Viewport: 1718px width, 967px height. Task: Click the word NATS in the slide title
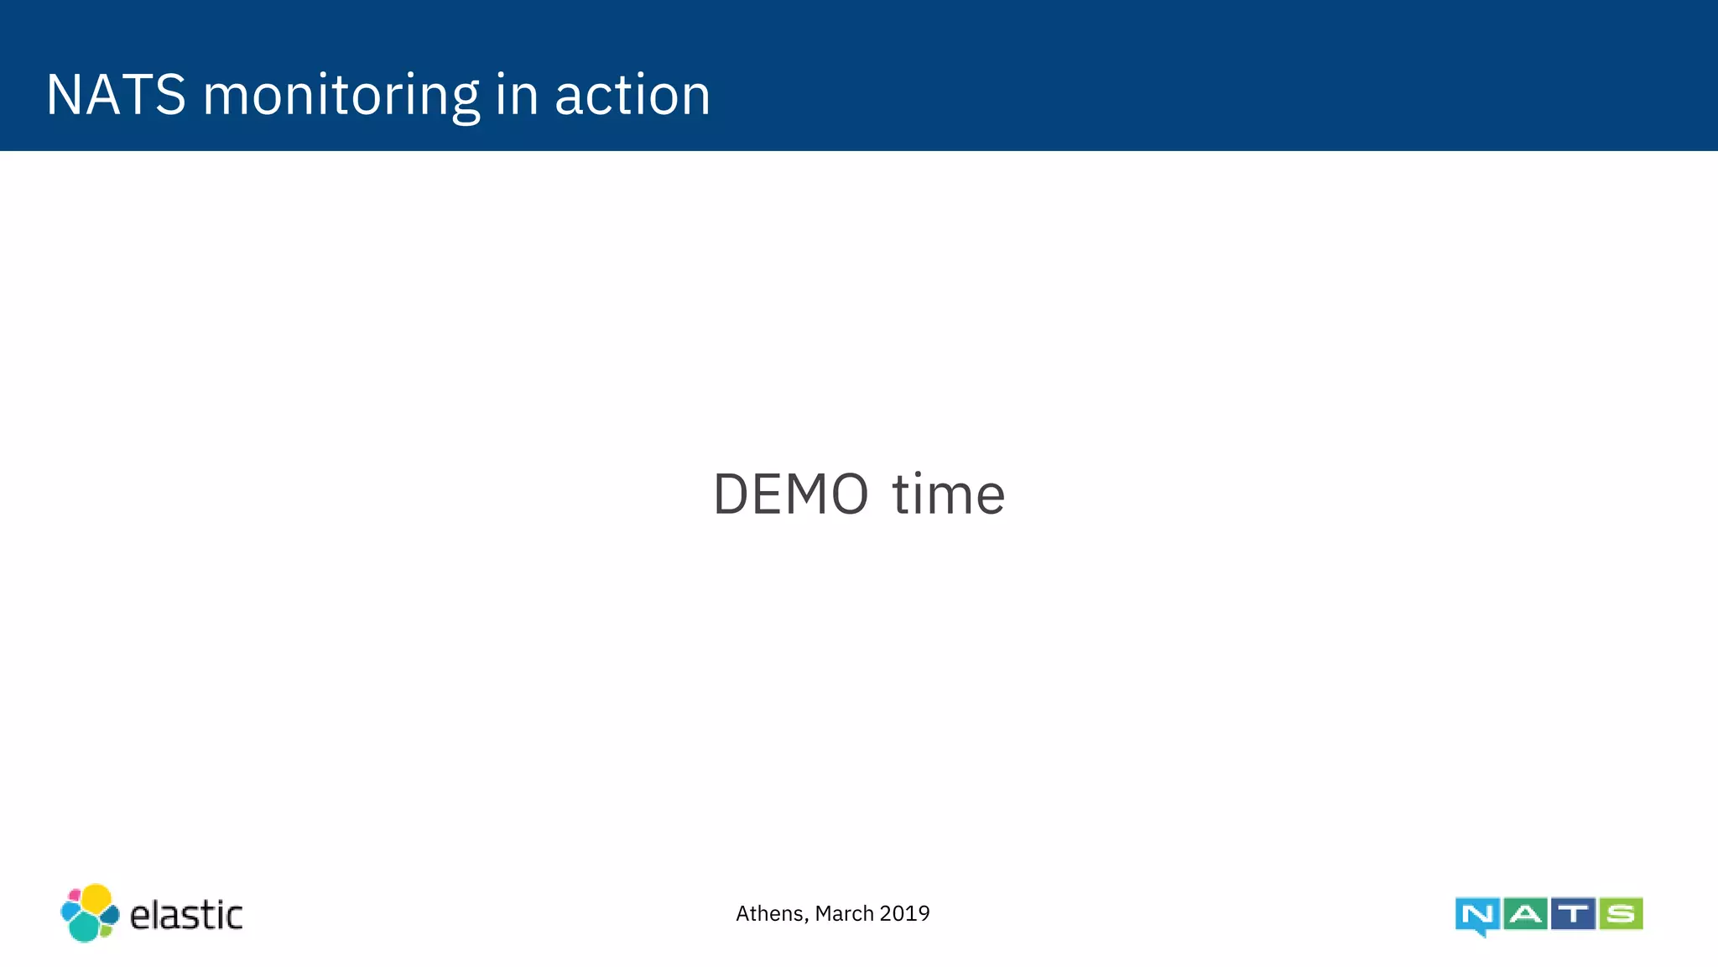coord(116,94)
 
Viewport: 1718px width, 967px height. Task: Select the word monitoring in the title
coord(341,96)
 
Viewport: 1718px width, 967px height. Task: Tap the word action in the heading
coord(633,95)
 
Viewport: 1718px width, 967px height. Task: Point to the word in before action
coord(516,94)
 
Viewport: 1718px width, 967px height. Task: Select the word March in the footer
coord(844,913)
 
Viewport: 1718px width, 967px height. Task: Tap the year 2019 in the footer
coord(905,913)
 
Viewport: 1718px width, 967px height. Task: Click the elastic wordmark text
coord(186,915)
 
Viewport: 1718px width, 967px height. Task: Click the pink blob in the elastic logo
coord(75,895)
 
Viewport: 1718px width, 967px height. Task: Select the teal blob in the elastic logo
coord(84,927)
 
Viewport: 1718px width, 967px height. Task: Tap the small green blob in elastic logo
coord(107,929)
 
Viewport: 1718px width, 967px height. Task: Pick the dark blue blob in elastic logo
coord(110,914)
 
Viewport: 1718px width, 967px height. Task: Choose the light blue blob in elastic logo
coord(70,912)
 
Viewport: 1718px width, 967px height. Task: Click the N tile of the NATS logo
coord(1477,915)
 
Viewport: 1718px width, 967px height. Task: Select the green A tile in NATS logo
coord(1525,913)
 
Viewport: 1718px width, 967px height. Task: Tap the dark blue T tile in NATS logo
coord(1573,913)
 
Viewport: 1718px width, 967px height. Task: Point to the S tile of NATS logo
coord(1621,913)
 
